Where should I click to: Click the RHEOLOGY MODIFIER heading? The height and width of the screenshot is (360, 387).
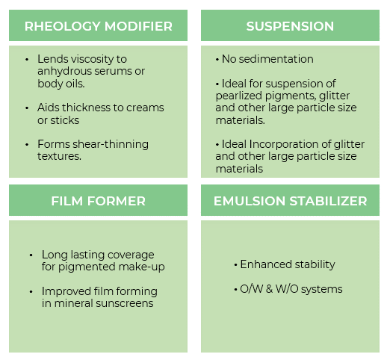click(99, 26)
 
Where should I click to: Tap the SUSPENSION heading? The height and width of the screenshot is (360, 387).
click(290, 26)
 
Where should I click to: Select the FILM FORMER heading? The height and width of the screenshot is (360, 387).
click(99, 201)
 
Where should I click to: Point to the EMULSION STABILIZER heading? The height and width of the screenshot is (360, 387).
click(291, 201)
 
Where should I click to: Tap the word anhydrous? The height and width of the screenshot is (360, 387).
click(64, 72)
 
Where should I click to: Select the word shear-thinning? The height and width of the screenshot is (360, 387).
click(111, 145)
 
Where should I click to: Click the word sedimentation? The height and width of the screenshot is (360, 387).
click(276, 59)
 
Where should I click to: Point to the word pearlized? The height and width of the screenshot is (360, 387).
click(239, 96)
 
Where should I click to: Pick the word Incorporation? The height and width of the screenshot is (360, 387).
click(284, 145)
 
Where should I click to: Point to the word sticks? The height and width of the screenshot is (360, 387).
click(65, 120)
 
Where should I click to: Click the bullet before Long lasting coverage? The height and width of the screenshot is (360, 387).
click(31, 255)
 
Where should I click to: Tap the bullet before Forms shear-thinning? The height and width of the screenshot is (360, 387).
click(27, 145)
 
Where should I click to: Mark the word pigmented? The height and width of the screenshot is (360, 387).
click(87, 267)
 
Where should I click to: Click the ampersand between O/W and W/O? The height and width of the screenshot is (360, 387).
click(269, 289)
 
